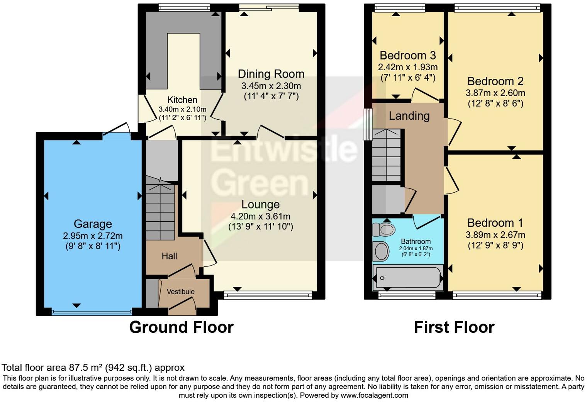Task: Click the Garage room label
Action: (93, 224)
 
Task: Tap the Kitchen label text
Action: (182, 100)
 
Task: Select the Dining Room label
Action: (271, 74)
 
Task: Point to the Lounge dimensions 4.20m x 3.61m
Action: (260, 217)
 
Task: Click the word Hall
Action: (169, 256)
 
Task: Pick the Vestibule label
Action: (180, 292)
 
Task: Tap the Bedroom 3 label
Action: (407, 55)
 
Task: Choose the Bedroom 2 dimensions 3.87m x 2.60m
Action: (495, 93)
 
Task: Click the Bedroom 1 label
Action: (495, 223)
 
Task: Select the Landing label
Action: (409, 116)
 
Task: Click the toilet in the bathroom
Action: (384, 230)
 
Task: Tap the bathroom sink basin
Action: (382, 251)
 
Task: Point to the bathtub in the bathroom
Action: (407, 278)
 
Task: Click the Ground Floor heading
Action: (181, 327)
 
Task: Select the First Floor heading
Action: (454, 327)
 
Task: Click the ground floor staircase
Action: (160, 212)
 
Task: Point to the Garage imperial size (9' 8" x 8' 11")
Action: (93, 246)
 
